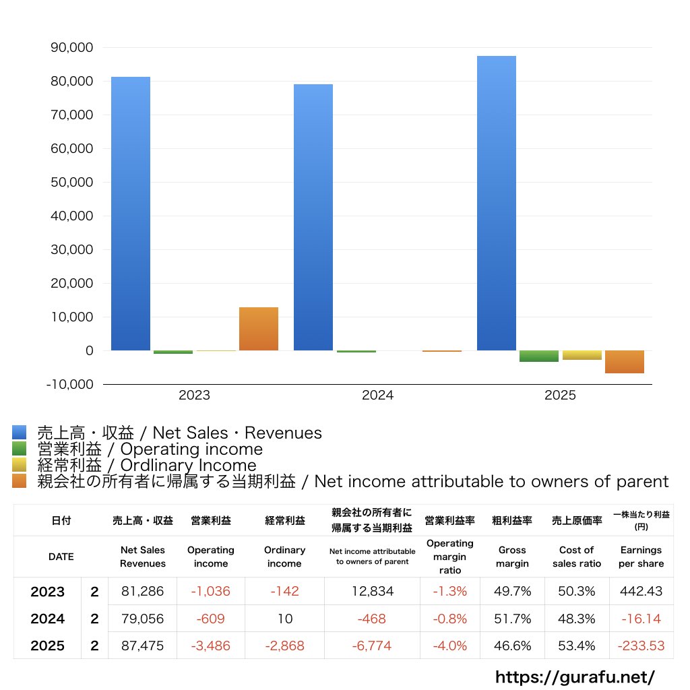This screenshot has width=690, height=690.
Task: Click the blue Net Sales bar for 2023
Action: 131,214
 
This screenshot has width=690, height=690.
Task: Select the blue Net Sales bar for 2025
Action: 497,203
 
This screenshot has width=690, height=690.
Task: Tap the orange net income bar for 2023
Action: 259,329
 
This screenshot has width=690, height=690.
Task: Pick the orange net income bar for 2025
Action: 625,362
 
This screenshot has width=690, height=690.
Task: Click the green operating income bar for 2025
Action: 538,356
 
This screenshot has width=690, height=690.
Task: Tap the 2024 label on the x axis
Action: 377,396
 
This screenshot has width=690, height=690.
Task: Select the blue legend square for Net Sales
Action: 19,433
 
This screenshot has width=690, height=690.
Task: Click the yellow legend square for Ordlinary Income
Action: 19,465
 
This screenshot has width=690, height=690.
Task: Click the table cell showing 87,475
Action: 143,646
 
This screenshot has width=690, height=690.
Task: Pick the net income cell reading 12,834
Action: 372,592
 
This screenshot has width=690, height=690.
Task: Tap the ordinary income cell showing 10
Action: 284,619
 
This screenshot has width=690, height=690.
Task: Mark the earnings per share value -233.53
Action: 641,646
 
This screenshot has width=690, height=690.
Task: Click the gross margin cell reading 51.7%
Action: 513,619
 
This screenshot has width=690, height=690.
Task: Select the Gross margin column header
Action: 513,557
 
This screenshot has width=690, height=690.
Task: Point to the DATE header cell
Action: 61,557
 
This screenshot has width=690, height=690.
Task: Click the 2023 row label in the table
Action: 48,592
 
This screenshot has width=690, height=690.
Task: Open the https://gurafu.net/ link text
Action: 575,676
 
